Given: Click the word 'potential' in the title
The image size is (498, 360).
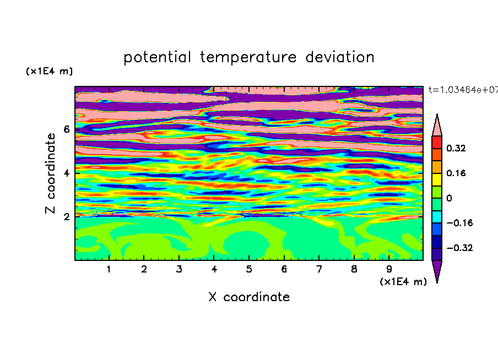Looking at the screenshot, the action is click(x=157, y=58).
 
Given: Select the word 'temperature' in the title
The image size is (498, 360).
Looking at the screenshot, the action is click(x=248, y=58).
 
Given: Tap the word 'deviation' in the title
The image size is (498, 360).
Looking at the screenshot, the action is click(x=340, y=57).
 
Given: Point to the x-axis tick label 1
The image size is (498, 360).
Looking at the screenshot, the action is click(x=109, y=269).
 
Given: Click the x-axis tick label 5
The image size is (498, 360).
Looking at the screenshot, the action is click(x=249, y=269).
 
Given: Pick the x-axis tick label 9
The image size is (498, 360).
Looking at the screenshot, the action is click(x=389, y=269).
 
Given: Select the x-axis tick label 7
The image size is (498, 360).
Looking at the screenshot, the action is click(x=319, y=269).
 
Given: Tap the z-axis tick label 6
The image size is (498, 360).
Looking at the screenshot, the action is click(x=66, y=129).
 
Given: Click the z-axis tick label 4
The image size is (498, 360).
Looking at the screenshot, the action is click(x=66, y=173).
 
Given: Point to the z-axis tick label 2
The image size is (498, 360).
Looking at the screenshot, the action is click(x=66, y=217).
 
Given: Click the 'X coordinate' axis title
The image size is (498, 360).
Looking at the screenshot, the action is click(x=249, y=297).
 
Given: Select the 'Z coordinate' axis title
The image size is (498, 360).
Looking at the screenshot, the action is click(x=51, y=173).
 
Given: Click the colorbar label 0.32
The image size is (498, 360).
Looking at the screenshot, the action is click(x=456, y=148).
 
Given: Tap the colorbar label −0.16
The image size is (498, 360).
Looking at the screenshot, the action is click(x=459, y=223).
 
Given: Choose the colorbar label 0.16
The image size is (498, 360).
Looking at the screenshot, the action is click(x=456, y=173).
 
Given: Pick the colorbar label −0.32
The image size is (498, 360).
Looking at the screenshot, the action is click(x=459, y=248).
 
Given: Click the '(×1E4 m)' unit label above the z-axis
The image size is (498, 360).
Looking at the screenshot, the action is click(x=49, y=71).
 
